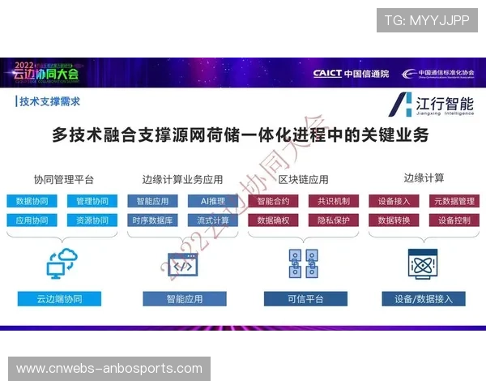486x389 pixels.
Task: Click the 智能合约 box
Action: click(273, 201)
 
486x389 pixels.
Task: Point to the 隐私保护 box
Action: click(333, 220)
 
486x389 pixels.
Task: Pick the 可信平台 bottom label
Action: click(305, 299)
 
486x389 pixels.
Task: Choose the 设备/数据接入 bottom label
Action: click(424, 299)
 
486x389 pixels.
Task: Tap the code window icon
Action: click(183, 265)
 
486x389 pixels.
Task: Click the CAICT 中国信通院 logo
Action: click(351, 73)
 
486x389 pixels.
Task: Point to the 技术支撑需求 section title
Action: click(49, 101)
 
